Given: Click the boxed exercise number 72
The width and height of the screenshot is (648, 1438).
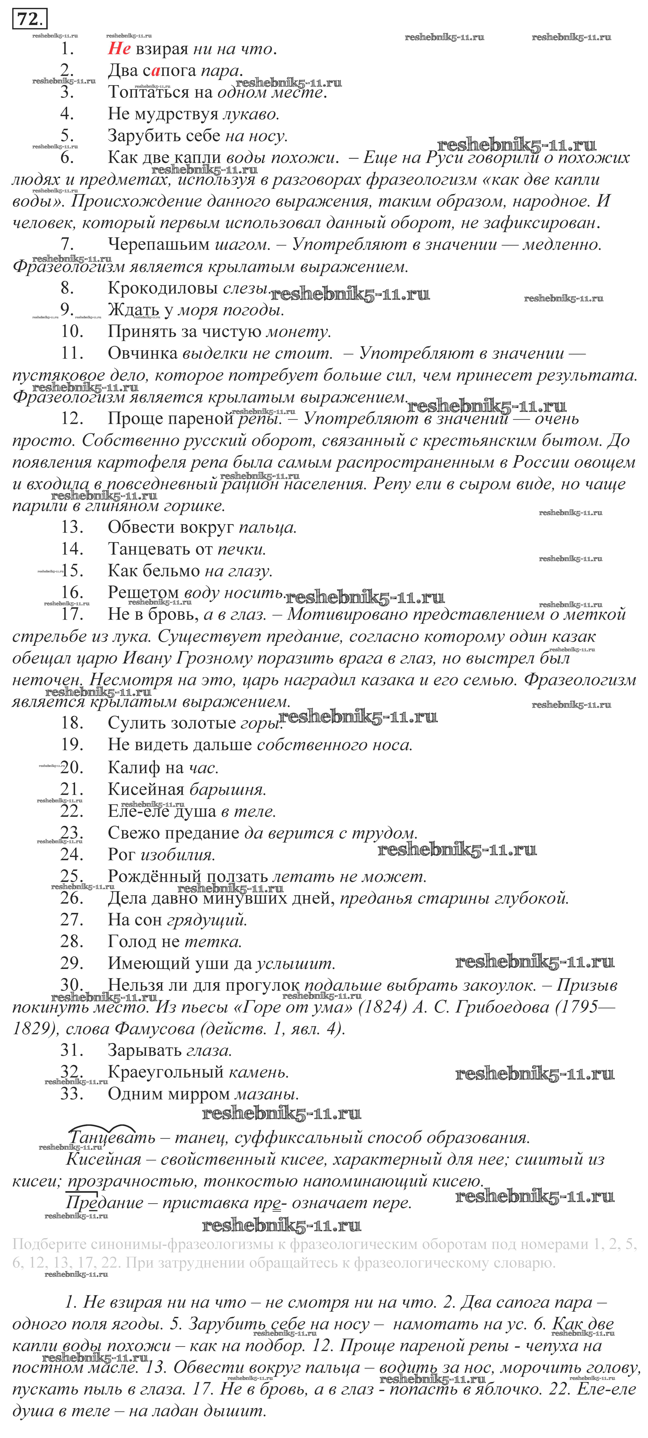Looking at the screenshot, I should point(30,20).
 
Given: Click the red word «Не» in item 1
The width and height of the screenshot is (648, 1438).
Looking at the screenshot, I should point(119,49).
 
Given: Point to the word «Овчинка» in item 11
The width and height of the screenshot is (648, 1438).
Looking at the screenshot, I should point(143,353).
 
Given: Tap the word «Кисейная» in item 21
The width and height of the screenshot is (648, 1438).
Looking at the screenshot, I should point(146,789).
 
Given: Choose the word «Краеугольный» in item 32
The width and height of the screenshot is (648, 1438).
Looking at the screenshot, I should point(165,1072).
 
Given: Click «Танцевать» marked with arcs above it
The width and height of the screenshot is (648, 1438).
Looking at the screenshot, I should point(104,1138).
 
